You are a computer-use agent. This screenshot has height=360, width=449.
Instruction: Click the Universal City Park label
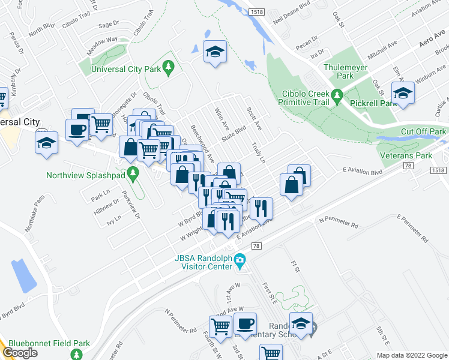point(125,70)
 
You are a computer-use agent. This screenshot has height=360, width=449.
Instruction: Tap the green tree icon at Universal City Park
point(170,66)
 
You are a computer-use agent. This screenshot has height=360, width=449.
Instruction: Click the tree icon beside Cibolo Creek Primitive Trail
point(337,95)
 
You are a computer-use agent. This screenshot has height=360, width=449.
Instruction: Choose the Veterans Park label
point(406,155)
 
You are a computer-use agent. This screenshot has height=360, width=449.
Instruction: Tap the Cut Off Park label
point(424,131)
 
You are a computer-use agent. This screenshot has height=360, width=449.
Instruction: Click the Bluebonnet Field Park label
point(47,344)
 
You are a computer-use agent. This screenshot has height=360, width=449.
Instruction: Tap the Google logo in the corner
point(20,353)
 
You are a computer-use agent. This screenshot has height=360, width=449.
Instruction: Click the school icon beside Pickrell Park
point(403,93)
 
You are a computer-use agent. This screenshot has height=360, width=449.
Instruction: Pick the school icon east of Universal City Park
point(214,52)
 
